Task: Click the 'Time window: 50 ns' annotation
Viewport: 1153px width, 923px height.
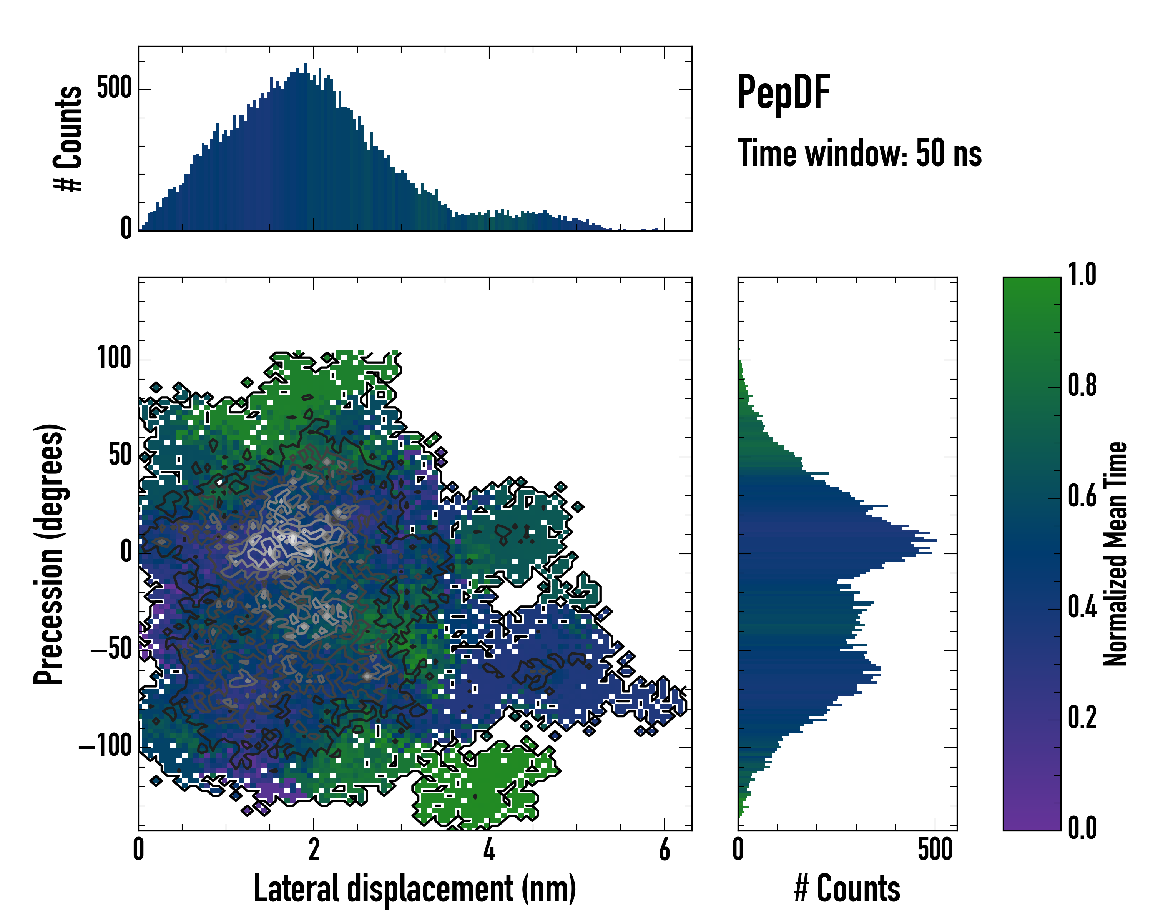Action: click(859, 153)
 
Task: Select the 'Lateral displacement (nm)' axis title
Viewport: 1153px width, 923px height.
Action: click(414, 889)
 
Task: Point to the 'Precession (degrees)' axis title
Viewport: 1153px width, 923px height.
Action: click(49, 554)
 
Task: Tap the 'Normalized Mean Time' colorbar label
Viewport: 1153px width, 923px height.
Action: click(1116, 554)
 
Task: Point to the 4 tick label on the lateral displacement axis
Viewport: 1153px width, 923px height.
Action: click(489, 850)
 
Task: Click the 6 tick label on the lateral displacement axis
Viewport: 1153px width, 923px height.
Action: click(664, 850)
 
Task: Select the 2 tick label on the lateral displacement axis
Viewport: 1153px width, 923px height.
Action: click(314, 850)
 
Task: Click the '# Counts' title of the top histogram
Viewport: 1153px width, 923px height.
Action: click(68, 138)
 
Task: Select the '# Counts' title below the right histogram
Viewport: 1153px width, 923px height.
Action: click(847, 889)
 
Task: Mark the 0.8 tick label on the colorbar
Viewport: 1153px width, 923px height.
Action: click(1082, 385)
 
